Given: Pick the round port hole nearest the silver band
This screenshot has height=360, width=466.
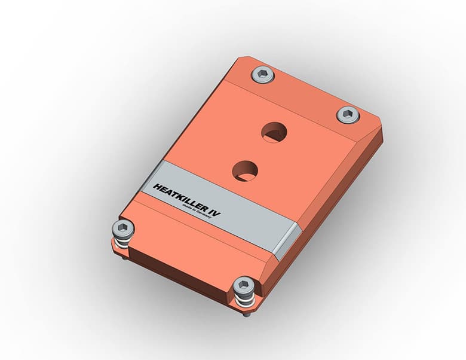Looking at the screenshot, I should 245,171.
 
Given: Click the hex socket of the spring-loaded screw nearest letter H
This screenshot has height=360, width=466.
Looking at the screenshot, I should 123,228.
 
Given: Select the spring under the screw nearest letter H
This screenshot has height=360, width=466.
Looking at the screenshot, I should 123,243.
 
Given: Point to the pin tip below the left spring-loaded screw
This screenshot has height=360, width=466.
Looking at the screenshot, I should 124,258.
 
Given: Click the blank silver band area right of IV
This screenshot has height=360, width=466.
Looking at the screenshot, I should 254,230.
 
